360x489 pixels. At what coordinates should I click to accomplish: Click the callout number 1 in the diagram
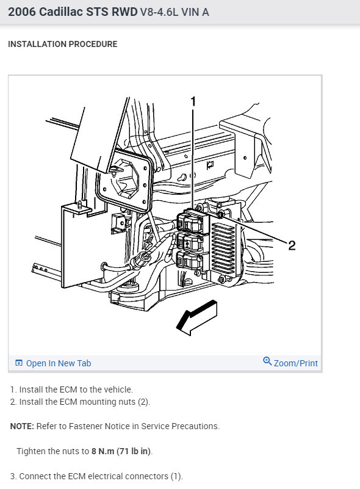(x=193, y=101)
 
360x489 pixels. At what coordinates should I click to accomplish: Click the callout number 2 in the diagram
(x=292, y=245)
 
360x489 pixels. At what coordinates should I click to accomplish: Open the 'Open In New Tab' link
(x=59, y=363)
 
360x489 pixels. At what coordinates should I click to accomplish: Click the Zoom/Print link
(x=295, y=363)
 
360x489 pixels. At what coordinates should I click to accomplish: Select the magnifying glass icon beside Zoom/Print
(x=267, y=361)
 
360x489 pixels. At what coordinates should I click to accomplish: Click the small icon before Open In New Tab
(x=19, y=363)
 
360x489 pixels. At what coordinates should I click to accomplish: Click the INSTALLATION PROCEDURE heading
(x=62, y=45)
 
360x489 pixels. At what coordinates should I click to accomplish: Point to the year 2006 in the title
(x=22, y=12)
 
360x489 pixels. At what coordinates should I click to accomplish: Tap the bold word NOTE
(x=22, y=426)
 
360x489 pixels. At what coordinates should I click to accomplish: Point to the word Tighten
(x=35, y=451)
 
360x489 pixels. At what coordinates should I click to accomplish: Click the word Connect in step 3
(x=37, y=476)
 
